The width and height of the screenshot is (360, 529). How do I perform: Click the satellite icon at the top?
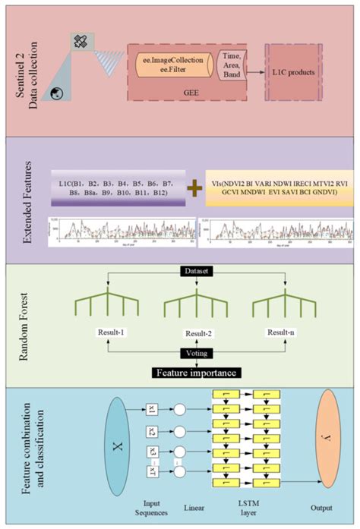coord(80,43)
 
